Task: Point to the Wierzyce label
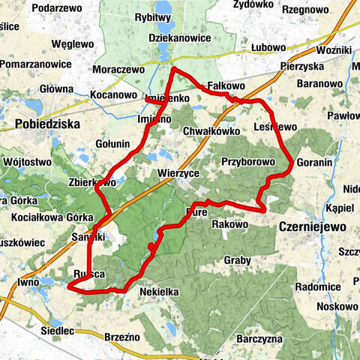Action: click(x=178, y=172)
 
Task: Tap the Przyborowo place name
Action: click(x=247, y=160)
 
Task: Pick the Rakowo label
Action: click(x=229, y=223)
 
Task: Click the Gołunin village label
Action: click(x=113, y=143)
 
